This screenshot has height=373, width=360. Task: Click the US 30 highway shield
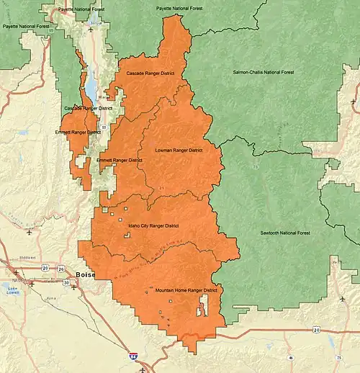tap(66, 282)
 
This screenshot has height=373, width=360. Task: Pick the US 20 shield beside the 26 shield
tap(45, 268)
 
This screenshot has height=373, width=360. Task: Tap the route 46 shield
tap(290, 357)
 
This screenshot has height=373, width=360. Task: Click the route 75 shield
tap(338, 357)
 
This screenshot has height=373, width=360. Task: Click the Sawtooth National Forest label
tap(285, 233)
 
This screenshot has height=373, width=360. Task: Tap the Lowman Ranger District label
tap(179, 150)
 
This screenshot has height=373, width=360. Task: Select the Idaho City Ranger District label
tap(153, 225)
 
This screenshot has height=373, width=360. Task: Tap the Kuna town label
tap(50, 296)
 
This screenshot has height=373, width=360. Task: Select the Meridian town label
tap(27, 258)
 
